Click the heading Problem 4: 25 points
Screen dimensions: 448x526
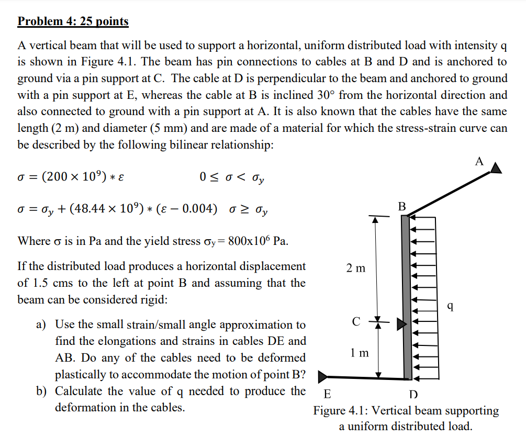click(73, 21)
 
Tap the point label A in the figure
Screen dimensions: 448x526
click(479, 161)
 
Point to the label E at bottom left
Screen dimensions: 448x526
click(327, 394)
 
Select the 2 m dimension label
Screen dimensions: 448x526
click(356, 268)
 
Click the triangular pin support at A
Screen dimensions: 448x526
click(496, 167)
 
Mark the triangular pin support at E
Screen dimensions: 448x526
click(322, 376)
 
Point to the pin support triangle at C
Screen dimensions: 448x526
click(401, 324)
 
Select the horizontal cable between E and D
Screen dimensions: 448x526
click(366, 377)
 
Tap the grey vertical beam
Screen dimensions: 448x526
click(406, 293)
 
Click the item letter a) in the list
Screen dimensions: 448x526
click(42, 325)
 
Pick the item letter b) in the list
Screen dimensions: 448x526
click(42, 391)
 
